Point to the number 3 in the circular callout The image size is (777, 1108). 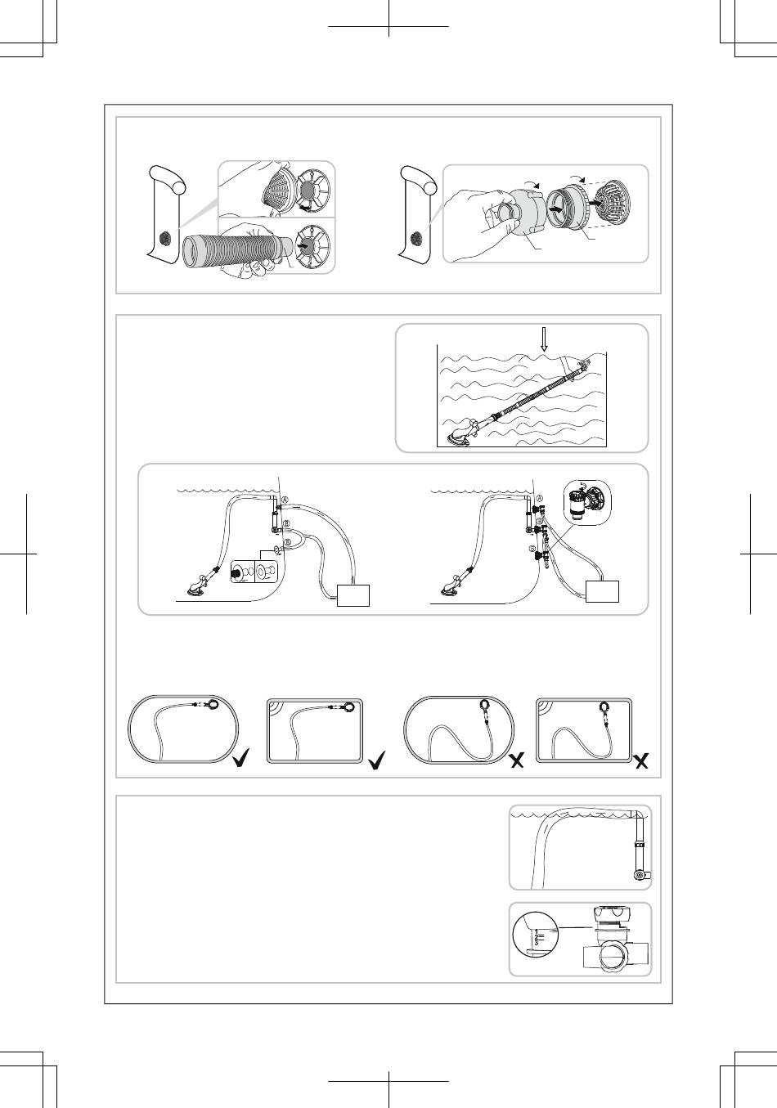537,942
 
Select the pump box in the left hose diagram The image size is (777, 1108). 353,595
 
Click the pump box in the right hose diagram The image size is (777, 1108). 602,591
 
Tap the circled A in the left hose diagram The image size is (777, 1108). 285,500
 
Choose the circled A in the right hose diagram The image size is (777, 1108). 540,499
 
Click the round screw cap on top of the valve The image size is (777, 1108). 613,913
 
